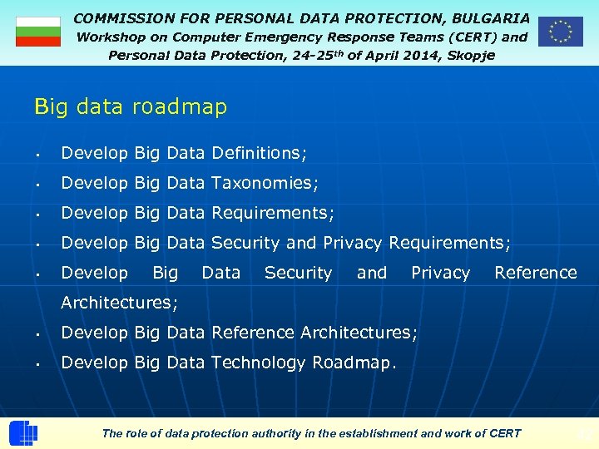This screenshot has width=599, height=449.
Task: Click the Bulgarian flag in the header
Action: click(38, 32)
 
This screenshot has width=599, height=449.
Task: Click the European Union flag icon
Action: click(560, 32)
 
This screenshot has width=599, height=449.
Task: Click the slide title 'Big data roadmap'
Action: click(131, 107)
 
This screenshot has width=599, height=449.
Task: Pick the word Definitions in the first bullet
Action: click(259, 153)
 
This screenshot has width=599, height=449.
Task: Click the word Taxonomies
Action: click(265, 183)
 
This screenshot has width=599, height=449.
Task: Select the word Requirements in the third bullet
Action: click(272, 213)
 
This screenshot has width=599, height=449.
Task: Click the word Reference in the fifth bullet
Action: click(535, 273)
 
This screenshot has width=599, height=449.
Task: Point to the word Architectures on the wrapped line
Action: click(119, 303)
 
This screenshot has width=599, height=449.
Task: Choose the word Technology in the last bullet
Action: click(259, 363)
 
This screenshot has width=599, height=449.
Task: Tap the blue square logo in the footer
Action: click(23, 433)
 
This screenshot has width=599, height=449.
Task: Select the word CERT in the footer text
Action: click(504, 433)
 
